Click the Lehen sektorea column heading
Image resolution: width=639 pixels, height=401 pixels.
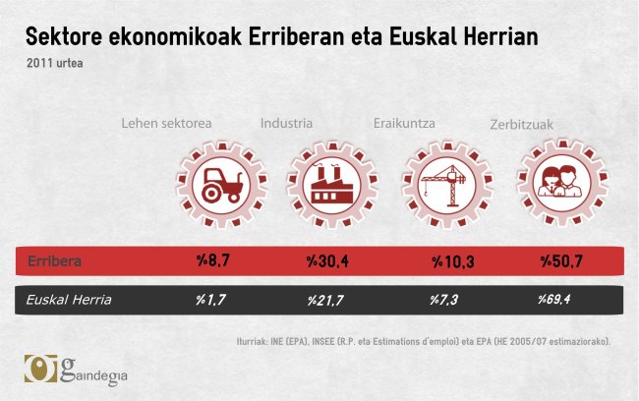[166, 124]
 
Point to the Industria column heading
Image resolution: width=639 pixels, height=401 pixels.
[286, 124]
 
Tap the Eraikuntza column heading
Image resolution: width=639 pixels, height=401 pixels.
[404, 124]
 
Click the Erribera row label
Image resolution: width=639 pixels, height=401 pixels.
[54, 262]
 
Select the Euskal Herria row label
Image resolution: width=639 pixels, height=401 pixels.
[70, 300]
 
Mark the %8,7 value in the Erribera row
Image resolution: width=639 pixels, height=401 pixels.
[213, 262]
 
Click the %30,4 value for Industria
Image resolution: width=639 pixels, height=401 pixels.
[328, 262]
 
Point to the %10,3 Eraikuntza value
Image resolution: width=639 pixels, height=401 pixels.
[453, 262]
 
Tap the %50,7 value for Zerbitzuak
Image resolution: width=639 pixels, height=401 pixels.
[562, 262]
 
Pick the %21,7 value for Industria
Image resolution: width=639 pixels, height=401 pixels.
[328, 300]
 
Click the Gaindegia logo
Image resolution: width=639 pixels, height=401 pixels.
[76, 371]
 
